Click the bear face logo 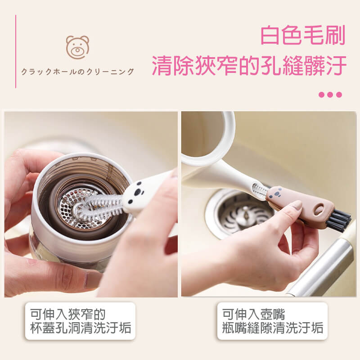(77, 47)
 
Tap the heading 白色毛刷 (303, 35)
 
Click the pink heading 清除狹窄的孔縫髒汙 (249, 65)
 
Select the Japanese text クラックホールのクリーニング (77, 72)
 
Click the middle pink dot (330, 94)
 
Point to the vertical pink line (16, 51)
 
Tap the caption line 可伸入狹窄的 (68, 314)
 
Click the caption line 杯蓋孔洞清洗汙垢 (81, 328)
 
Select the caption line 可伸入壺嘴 (253, 314)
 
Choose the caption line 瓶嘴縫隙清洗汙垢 (273, 328)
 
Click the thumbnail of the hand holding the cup (91, 204)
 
